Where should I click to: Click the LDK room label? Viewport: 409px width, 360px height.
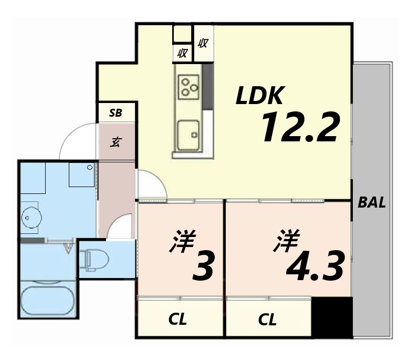(260, 96)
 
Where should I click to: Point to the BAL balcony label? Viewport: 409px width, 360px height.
(372, 203)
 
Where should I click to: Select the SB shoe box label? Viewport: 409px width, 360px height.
(116, 112)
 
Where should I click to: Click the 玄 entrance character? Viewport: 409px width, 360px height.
(116, 142)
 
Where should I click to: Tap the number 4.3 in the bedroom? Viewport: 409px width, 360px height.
(315, 266)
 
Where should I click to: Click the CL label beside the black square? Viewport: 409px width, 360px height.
(268, 320)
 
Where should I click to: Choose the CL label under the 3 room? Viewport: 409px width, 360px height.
(179, 320)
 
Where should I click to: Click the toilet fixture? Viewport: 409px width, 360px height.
(95, 259)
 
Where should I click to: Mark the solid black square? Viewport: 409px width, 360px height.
(332, 317)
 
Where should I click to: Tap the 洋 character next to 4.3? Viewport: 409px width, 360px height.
(286, 241)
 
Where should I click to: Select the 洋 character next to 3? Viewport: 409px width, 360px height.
(182, 241)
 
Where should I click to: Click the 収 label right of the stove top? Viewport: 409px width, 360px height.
(203, 44)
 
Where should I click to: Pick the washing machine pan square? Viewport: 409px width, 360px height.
(82, 174)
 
